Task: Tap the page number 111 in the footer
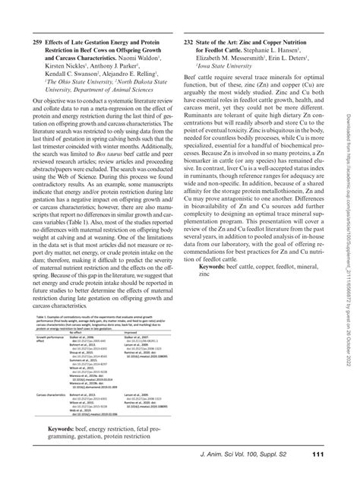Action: pyautogui.click(x=318, y=455)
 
